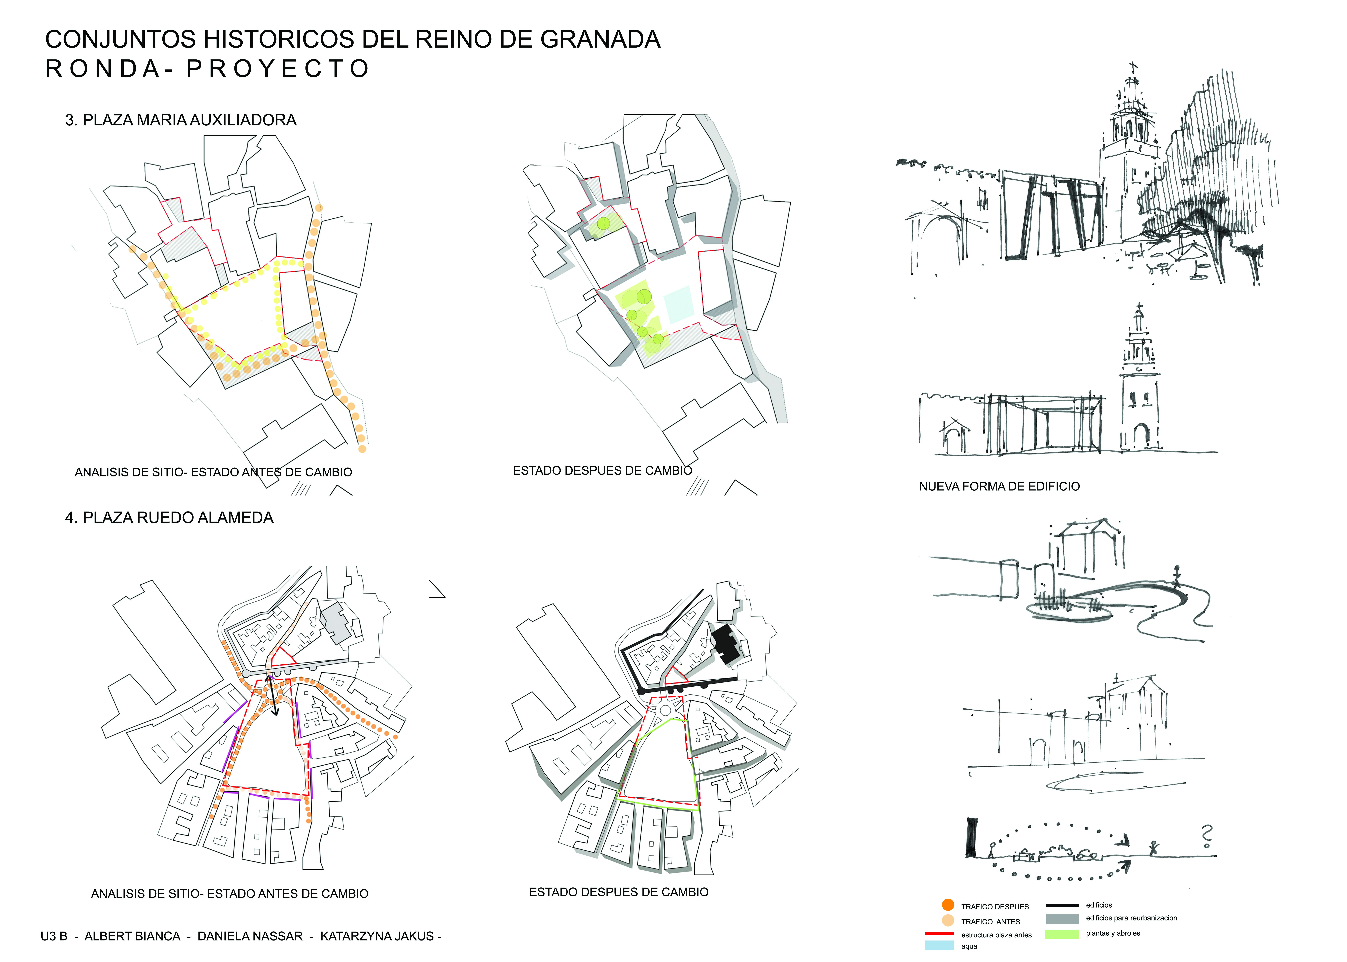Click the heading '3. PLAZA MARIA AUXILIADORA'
pos(181,120)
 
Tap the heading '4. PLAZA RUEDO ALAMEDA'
pos(169,518)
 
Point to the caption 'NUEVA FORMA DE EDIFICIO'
pos(999,486)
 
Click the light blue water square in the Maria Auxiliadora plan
pos(679,304)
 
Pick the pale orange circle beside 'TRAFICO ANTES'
pos(948,920)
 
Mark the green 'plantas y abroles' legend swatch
pos(1062,934)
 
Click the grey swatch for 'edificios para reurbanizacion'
pos(1062,919)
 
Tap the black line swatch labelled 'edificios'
pos(1062,905)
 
